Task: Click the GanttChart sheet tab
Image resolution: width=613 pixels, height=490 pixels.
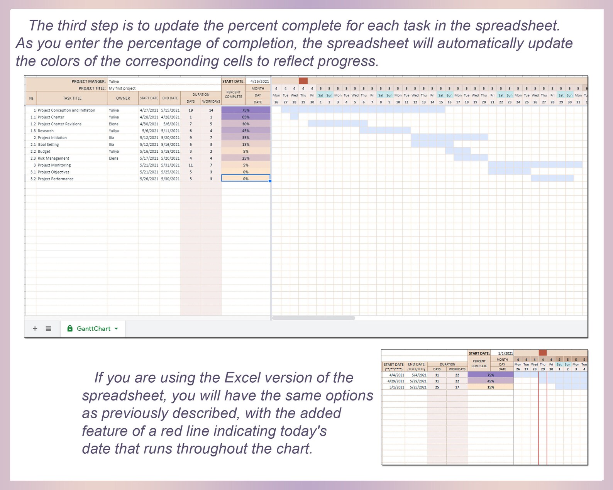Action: pyautogui.click(x=93, y=329)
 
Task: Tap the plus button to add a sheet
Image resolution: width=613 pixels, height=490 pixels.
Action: pyautogui.click(x=35, y=329)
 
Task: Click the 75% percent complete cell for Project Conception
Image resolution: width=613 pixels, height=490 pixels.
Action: pyautogui.click(x=246, y=110)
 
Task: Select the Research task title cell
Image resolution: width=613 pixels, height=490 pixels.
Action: pyautogui.click(x=46, y=131)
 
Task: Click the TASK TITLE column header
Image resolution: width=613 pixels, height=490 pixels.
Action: pyautogui.click(x=72, y=98)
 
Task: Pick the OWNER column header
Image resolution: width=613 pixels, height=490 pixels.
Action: pyautogui.click(x=123, y=98)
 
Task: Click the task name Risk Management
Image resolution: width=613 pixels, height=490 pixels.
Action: pyautogui.click(x=54, y=159)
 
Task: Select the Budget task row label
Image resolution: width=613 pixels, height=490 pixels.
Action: pyautogui.click(x=44, y=152)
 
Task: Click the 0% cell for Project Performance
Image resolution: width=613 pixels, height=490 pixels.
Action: pyautogui.click(x=246, y=179)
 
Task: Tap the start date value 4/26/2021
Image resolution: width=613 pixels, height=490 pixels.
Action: pyautogui.click(x=259, y=81)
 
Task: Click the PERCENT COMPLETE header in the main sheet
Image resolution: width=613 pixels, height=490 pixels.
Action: pyautogui.click(x=234, y=95)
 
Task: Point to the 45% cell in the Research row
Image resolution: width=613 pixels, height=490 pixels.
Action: pyautogui.click(x=246, y=131)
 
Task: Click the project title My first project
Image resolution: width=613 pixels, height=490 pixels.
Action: pyautogui.click(x=122, y=88)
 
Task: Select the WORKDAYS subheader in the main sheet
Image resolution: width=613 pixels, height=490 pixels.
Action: pyautogui.click(x=211, y=102)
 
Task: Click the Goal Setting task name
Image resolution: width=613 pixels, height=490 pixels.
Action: pyautogui.click(x=49, y=145)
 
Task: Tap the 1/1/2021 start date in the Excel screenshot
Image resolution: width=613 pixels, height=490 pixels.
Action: pyautogui.click(x=505, y=353)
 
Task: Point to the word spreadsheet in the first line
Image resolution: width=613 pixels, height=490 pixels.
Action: pyautogui.click(x=517, y=26)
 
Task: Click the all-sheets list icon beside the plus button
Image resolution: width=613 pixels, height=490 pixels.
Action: pyautogui.click(x=48, y=329)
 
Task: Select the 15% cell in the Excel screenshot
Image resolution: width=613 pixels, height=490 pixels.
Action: pyautogui.click(x=491, y=387)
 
